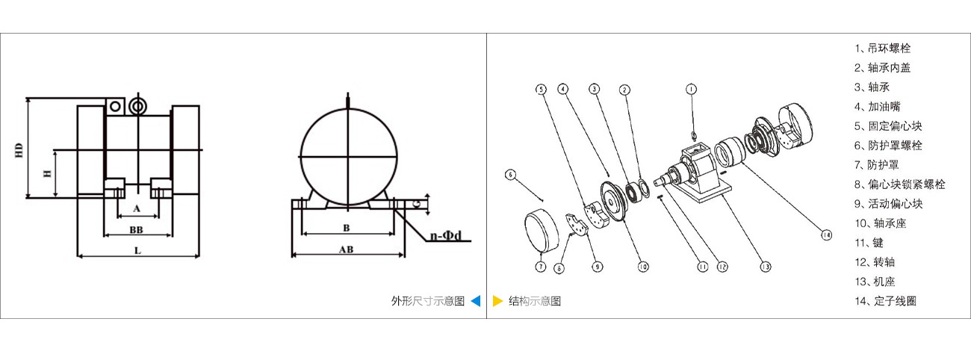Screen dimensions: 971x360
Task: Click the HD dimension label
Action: click(x=19, y=150)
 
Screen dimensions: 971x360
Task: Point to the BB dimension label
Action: click(x=136, y=229)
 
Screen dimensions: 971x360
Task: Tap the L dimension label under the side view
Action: click(x=137, y=250)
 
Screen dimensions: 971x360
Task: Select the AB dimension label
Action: click(x=346, y=249)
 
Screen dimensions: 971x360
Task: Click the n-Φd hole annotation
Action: click(x=445, y=236)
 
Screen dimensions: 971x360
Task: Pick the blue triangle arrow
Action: click(x=476, y=301)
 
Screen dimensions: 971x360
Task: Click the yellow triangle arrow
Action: click(x=497, y=301)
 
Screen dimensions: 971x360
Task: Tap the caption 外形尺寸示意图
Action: click(x=428, y=301)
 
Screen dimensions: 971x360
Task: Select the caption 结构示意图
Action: click(x=535, y=301)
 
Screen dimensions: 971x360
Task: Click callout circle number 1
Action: click(x=691, y=89)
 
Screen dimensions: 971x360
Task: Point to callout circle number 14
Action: click(x=827, y=235)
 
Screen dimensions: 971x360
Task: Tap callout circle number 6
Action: click(x=511, y=175)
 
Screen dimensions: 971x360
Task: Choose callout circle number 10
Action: click(x=643, y=267)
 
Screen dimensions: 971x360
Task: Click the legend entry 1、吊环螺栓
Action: click(x=883, y=48)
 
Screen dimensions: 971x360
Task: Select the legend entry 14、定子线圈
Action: click(x=886, y=301)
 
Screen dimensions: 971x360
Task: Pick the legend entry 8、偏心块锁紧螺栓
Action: click(x=900, y=184)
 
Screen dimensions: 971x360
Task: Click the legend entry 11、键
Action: click(x=869, y=243)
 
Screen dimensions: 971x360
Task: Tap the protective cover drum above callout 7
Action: click(x=541, y=231)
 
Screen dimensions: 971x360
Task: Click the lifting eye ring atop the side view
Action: click(x=138, y=107)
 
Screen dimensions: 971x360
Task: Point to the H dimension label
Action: click(x=47, y=174)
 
